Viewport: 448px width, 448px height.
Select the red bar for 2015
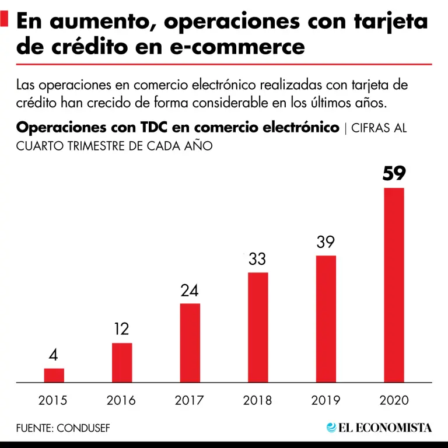click(54, 375)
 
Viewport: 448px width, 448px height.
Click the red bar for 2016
click(122, 362)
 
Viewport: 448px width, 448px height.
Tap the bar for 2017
click(190, 342)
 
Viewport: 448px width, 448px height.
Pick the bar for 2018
click(258, 327)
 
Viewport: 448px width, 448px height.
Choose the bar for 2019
click(325, 318)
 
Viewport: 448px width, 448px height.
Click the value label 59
click(394, 174)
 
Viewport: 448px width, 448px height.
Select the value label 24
click(190, 290)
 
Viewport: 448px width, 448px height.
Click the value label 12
click(121, 330)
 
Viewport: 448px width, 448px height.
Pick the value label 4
click(54, 355)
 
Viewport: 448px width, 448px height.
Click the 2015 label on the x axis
click(53, 401)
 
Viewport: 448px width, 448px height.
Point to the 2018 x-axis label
click(257, 401)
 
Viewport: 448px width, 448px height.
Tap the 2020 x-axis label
click(394, 401)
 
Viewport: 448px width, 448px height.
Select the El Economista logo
click(379, 428)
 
